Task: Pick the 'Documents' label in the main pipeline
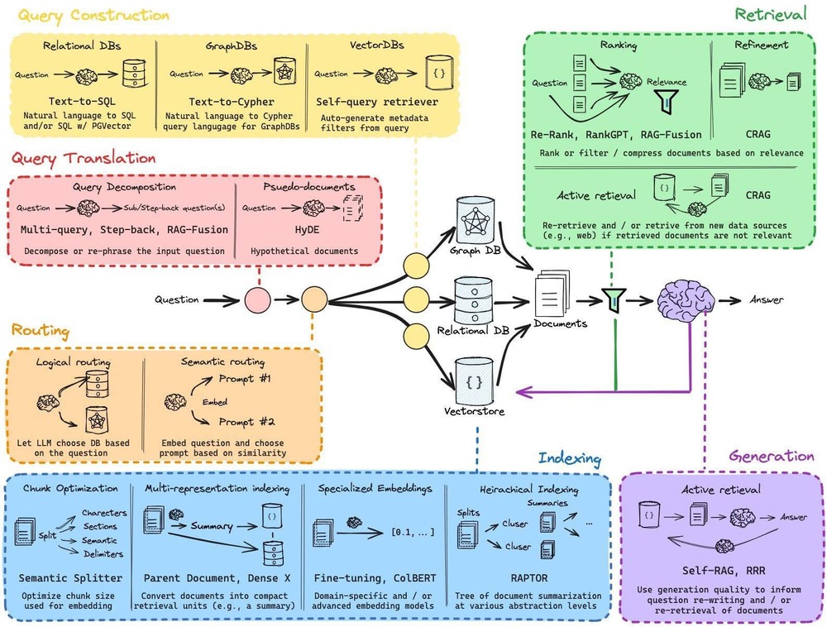tap(560, 323)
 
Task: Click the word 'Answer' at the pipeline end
tap(766, 299)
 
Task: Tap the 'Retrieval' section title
tap(770, 14)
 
